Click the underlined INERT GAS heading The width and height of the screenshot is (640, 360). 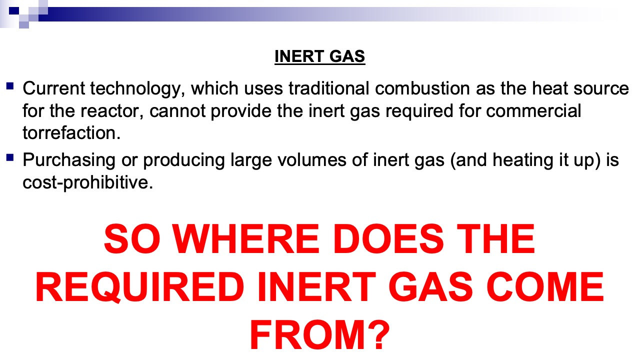click(319, 56)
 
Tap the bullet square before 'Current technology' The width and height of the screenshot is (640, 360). click(10, 86)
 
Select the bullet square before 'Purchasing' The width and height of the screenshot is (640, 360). click(10, 157)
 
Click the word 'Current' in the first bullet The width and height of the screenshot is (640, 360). click(53, 88)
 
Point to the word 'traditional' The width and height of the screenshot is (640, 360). click(329, 88)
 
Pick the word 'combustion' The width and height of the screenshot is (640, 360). click(422, 88)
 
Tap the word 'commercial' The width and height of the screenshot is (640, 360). click(533, 111)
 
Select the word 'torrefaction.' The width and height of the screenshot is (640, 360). click(71, 133)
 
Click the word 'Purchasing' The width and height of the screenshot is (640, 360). click(69, 160)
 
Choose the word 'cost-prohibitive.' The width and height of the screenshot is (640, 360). click(88, 182)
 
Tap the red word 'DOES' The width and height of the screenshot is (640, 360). click(388, 239)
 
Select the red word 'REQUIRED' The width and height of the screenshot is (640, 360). click(139, 287)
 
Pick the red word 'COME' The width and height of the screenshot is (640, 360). click(545, 287)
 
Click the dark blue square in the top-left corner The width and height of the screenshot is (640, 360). click(14, 11)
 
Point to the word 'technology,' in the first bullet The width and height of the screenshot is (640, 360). click(137, 88)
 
